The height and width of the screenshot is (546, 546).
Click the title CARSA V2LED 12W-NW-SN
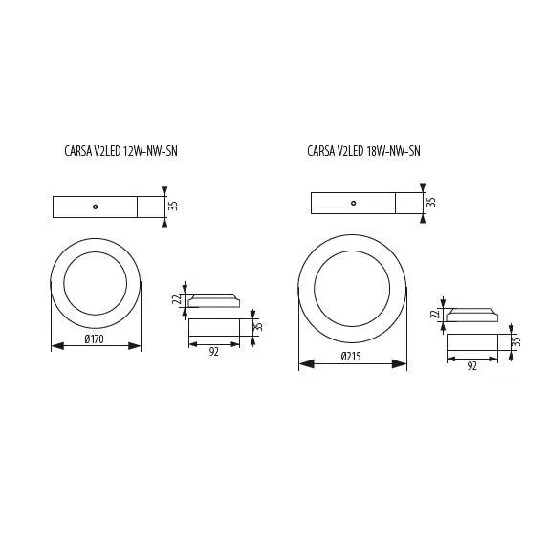point(120,151)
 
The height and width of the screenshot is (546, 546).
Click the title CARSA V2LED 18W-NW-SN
point(363,151)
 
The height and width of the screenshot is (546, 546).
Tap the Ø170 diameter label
point(94,339)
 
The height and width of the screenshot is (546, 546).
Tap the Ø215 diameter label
point(351,357)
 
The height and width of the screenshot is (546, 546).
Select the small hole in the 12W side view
point(95,207)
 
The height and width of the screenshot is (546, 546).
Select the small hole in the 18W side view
point(354,203)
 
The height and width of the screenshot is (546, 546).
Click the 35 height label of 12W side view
point(173,206)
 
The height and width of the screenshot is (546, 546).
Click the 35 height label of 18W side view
point(431,202)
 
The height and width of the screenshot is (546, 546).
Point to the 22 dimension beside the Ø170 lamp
point(177,298)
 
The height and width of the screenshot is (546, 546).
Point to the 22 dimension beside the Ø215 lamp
point(435,314)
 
